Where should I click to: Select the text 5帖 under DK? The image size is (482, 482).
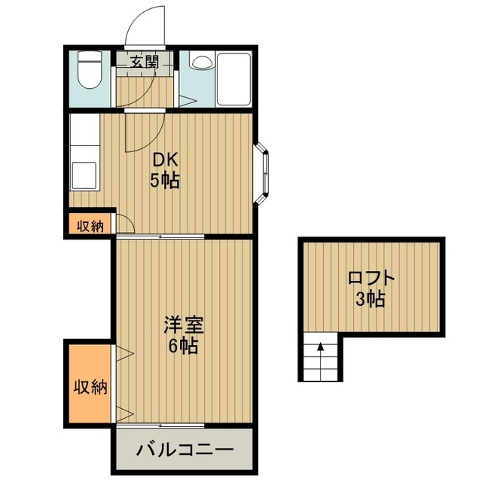pyautogui.click(x=165, y=181)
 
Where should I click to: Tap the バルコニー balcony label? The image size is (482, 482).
pyautogui.click(x=183, y=451)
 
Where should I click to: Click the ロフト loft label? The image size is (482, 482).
pyautogui.click(x=371, y=277)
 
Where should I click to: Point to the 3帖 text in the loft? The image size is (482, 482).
pyautogui.click(x=371, y=299)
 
